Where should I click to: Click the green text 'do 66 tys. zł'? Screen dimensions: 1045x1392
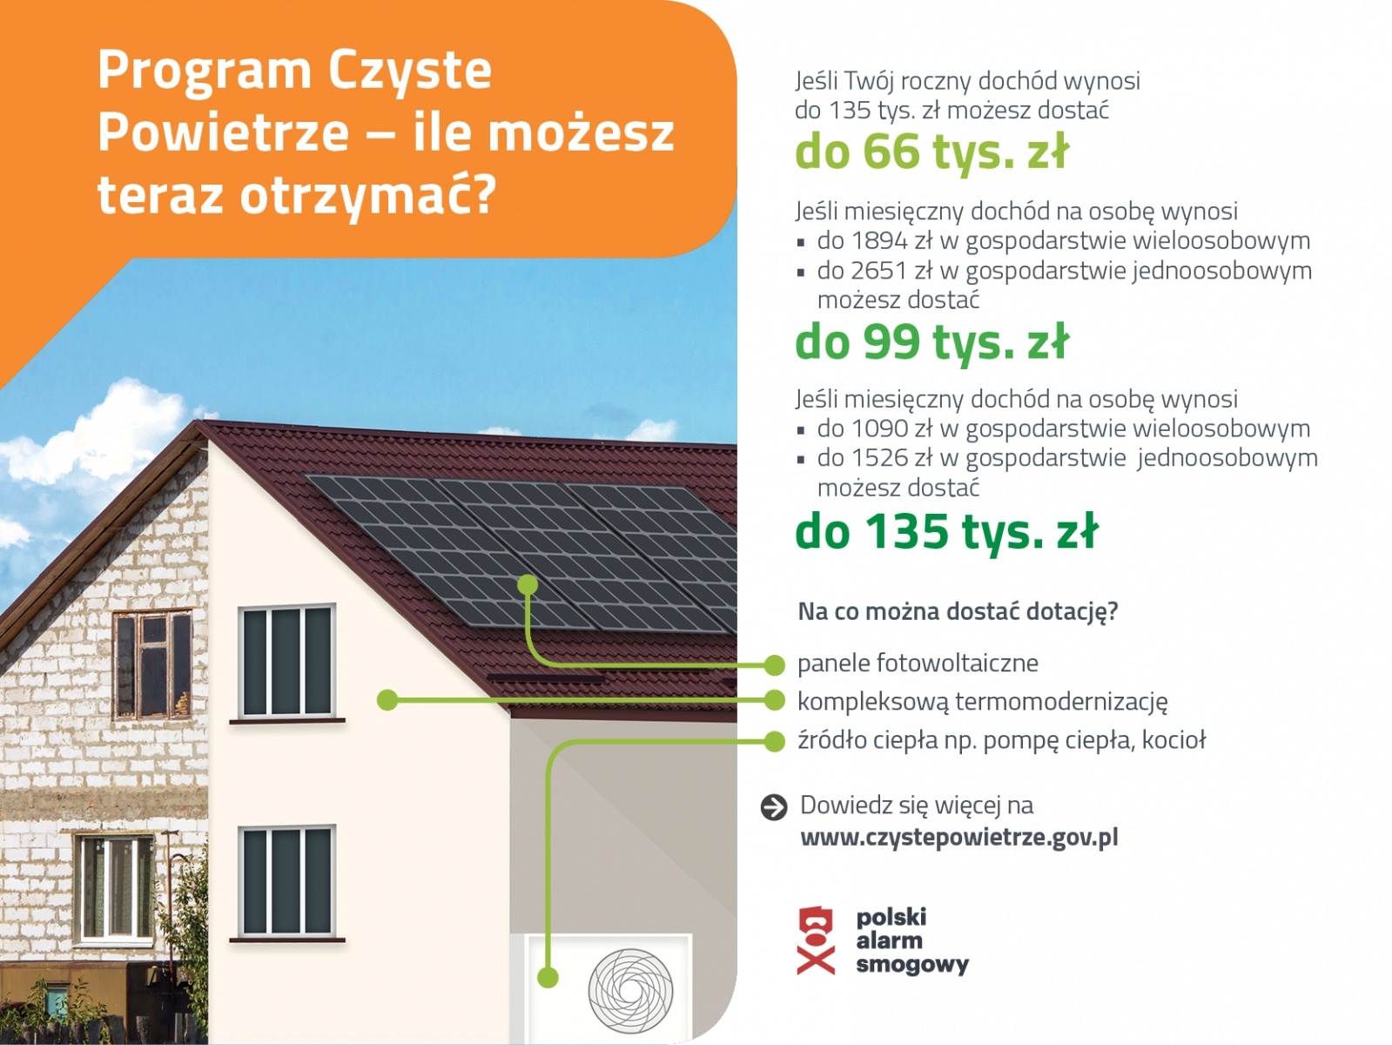931,152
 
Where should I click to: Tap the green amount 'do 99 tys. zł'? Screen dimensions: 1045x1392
931,341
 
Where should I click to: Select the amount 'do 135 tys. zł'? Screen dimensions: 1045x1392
946,531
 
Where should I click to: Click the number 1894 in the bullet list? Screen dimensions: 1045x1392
879,241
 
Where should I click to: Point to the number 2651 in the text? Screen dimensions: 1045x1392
879,271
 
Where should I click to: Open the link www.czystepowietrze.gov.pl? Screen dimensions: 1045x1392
958,838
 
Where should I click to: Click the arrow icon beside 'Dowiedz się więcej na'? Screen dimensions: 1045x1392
773,807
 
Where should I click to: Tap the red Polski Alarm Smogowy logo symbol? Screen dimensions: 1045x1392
816,940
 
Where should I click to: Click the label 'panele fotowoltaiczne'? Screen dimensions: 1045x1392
918,664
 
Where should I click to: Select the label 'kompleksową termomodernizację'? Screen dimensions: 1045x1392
982,702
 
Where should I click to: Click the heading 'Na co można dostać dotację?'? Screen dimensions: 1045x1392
958,611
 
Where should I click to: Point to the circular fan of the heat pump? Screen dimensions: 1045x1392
630,991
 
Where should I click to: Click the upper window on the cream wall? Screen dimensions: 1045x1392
286,662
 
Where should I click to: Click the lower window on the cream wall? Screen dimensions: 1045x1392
286,881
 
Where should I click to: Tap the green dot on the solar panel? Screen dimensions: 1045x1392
527,585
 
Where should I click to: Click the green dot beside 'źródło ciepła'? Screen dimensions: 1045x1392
774,741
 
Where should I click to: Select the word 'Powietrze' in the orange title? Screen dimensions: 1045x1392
223,132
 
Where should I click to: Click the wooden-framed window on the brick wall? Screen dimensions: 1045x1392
152,664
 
